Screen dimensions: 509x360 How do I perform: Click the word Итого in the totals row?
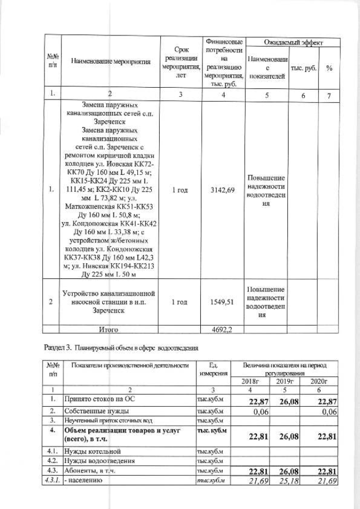coord(109,330)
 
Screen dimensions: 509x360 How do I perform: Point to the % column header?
coord(328,68)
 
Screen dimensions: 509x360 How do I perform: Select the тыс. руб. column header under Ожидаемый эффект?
coord(303,68)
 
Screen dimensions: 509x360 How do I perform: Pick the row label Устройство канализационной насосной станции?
coord(109,301)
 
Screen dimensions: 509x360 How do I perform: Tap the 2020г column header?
coord(318,381)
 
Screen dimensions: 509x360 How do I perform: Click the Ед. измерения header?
coord(213,369)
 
